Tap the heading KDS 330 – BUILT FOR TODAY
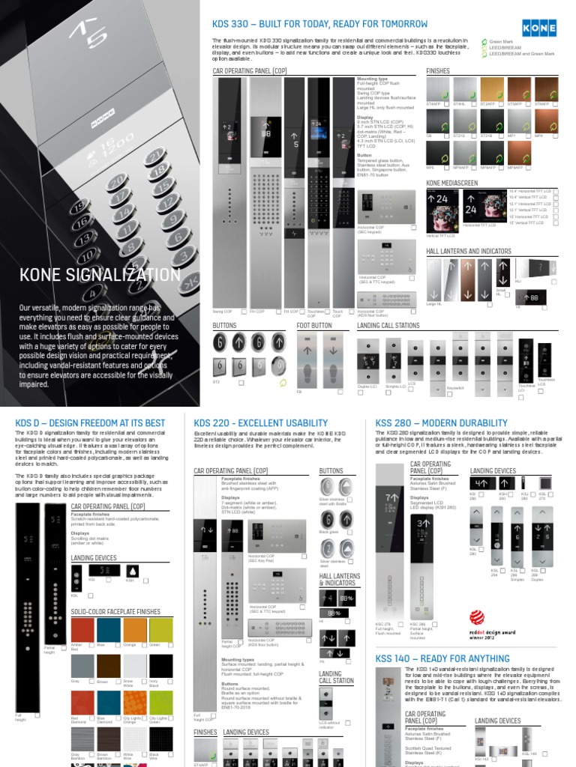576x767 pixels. click(x=316, y=24)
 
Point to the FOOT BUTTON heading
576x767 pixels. click(x=314, y=326)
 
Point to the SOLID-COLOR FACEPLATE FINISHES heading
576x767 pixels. click(x=115, y=612)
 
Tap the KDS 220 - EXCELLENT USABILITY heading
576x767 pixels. click(x=261, y=423)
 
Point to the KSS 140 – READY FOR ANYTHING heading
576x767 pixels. click(x=442, y=658)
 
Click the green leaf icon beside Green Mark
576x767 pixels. click(x=483, y=41)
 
